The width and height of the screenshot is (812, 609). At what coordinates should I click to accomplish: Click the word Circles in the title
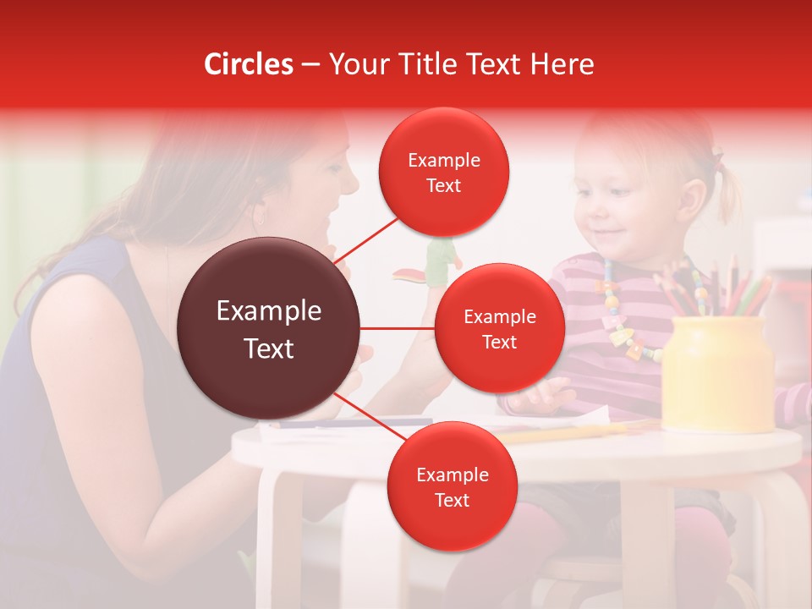click(x=248, y=64)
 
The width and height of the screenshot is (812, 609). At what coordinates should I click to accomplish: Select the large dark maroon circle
click(x=269, y=328)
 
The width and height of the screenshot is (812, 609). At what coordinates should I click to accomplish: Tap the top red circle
click(x=444, y=172)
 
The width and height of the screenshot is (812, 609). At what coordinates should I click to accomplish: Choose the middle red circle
click(x=499, y=328)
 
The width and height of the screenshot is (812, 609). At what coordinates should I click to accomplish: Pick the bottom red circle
click(x=452, y=486)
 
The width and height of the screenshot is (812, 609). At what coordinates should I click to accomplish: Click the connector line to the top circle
click(x=369, y=240)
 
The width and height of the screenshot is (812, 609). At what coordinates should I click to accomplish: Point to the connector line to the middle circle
click(x=398, y=328)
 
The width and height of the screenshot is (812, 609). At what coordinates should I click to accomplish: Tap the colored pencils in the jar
click(x=719, y=288)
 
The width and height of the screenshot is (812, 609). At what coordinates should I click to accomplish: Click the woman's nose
click(x=352, y=179)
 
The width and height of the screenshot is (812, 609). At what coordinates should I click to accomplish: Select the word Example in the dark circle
click(x=269, y=311)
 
